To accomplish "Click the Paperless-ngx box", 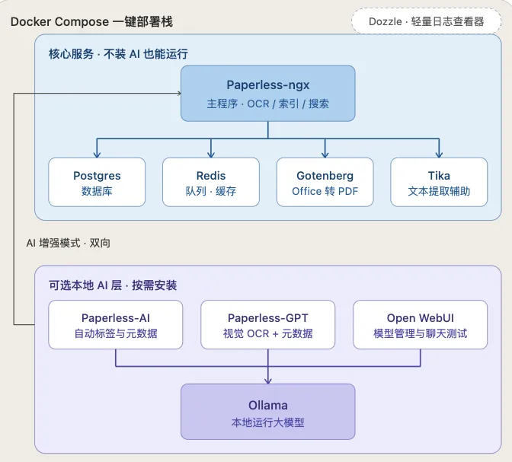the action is tap(267, 94).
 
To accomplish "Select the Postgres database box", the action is tap(97, 182).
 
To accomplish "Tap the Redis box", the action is tap(211, 182).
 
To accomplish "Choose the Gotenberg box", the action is tap(325, 182).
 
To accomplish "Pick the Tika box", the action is tap(439, 182).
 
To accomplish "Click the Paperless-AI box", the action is tap(116, 325).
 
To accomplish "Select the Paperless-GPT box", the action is tap(267, 325).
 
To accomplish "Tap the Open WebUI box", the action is tap(421, 325).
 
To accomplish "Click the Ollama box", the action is tap(267, 412).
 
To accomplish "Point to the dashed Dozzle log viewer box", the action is tap(427, 21).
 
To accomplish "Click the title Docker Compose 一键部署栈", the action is tap(91, 22).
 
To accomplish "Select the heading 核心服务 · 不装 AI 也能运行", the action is tap(118, 54).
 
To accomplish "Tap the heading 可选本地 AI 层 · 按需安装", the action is tap(113, 285).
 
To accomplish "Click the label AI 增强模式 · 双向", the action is tap(69, 243).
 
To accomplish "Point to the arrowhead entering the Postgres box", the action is tap(97, 155).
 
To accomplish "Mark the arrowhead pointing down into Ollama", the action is tap(268, 381).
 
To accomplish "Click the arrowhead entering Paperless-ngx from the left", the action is tap(179, 94).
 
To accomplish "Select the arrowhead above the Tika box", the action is tap(439, 155).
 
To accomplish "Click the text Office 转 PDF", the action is tap(325, 191).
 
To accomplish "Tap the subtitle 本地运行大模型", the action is tap(267, 422).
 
